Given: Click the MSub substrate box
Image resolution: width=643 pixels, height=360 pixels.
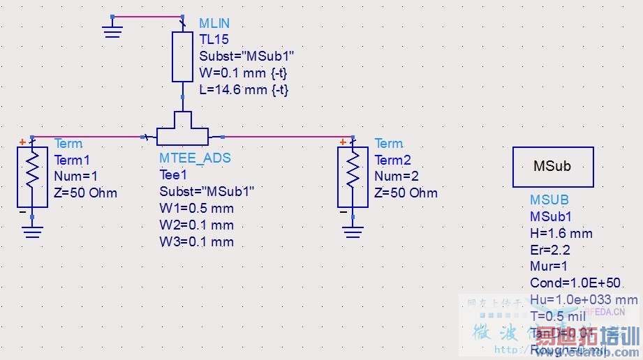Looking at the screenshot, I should (x=553, y=167).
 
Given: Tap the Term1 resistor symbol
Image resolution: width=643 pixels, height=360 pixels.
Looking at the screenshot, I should (x=32, y=177).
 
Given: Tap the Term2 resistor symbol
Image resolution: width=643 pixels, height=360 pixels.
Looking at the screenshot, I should (x=353, y=177).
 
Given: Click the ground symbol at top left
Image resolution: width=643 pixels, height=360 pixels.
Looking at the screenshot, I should (x=111, y=27).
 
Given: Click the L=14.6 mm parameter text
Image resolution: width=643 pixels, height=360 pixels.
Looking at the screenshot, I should (x=244, y=89).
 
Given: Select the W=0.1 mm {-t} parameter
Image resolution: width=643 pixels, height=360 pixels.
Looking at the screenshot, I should (x=244, y=73).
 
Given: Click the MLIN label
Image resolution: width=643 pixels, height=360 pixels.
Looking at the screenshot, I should (x=214, y=24).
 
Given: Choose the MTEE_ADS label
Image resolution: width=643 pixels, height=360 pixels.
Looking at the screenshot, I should (x=195, y=158).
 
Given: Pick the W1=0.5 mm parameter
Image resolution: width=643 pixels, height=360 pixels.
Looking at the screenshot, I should (x=197, y=209).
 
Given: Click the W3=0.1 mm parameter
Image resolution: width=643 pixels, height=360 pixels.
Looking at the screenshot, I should (x=197, y=242).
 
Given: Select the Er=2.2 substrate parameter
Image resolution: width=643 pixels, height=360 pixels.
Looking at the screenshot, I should (x=549, y=250).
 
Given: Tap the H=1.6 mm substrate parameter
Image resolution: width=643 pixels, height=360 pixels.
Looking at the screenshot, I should (x=561, y=233).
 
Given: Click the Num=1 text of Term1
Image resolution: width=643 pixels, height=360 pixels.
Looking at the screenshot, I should (x=76, y=177).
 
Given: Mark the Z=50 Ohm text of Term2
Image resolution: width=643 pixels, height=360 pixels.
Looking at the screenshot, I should (x=406, y=193).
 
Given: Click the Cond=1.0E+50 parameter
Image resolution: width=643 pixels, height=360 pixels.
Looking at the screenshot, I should (x=575, y=283).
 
